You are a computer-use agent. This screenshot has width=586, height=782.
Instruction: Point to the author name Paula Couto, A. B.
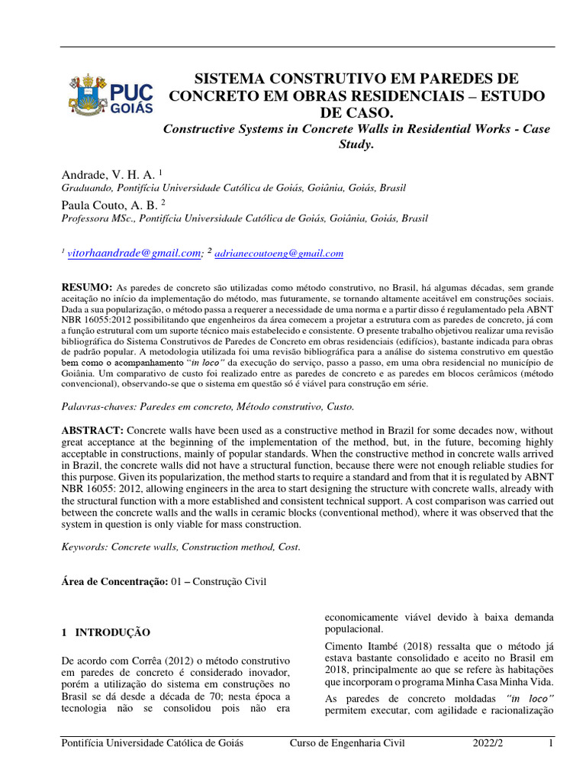[108, 204]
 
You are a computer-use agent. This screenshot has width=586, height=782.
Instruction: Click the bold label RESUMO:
[86, 285]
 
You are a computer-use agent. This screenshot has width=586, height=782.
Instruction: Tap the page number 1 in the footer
[549, 742]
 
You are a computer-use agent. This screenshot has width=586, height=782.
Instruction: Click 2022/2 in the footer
[487, 742]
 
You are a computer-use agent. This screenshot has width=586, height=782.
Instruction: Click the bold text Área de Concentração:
[114, 582]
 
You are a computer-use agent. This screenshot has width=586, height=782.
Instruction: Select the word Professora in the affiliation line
[85, 218]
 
